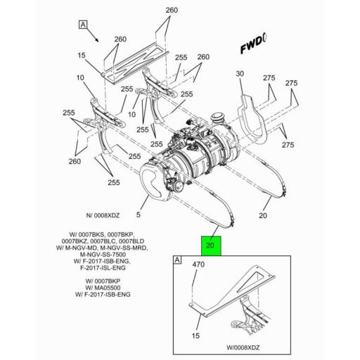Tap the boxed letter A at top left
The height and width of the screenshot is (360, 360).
84,25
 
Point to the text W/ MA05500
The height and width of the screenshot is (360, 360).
104,287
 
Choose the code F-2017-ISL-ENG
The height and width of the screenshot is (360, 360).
105,268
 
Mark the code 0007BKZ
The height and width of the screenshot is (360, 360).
77,241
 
